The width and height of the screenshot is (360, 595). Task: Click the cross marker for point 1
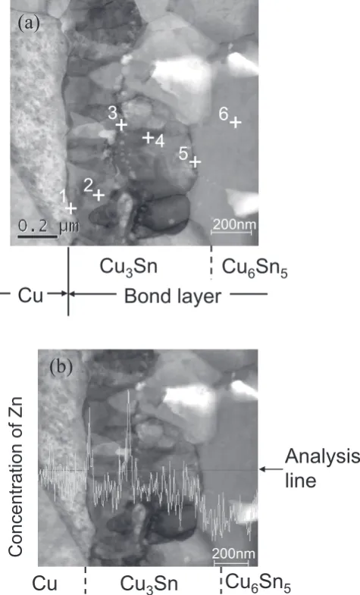[71, 208]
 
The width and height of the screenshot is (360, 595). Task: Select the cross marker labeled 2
[99, 195]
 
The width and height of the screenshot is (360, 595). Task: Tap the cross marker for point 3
[121, 124]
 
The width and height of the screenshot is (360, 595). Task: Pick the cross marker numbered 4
[148, 137]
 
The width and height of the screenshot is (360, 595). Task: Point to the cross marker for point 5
[195, 161]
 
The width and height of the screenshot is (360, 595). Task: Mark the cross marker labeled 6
[236, 123]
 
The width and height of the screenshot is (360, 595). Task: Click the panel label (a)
[29, 23]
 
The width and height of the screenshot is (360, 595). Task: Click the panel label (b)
[61, 367]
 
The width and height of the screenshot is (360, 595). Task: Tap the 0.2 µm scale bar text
[49, 226]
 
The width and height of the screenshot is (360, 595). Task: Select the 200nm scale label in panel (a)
[233, 224]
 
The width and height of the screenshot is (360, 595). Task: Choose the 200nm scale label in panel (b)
[233, 553]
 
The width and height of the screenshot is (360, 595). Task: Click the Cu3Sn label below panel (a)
[129, 267]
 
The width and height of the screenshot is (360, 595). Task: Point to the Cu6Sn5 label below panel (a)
[255, 267]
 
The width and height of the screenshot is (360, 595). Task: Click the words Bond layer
[173, 296]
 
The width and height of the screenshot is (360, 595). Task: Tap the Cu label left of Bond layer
[31, 296]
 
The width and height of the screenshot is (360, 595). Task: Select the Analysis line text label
[322, 468]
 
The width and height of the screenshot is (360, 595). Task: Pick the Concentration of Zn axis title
[16, 477]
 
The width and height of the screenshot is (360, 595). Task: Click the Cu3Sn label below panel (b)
[149, 584]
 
